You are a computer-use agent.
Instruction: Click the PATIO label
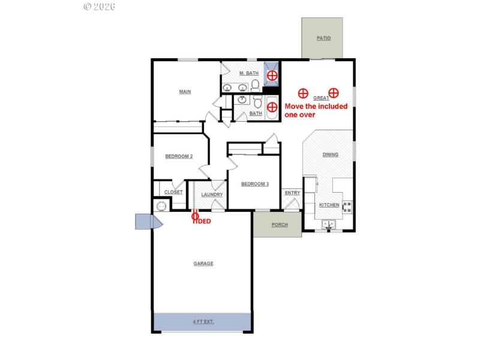[323, 38]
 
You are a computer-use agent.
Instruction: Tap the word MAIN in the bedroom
[185, 92]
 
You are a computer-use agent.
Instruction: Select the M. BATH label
[248, 73]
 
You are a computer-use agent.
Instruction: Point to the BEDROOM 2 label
[179, 157]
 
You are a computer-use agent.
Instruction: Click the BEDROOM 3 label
[254, 184]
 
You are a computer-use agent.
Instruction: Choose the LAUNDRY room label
[212, 194]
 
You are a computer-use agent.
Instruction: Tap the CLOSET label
[173, 192]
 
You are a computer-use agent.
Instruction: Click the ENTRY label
[292, 193]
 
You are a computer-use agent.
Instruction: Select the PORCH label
[280, 225]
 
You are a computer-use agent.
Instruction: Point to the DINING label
[330, 155]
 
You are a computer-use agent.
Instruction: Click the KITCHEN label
[329, 205]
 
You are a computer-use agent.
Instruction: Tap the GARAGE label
[203, 263]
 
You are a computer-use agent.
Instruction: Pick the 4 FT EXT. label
[203, 322]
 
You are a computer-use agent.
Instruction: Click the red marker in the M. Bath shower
[272, 76]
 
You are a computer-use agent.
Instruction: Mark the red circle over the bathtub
[272, 107]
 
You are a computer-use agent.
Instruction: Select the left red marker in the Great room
[304, 93]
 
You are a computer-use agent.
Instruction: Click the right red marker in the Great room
[334, 93]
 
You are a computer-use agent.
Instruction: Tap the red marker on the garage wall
[195, 215]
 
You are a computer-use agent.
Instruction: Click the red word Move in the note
[295, 106]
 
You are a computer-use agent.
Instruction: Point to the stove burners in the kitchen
[347, 207]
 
